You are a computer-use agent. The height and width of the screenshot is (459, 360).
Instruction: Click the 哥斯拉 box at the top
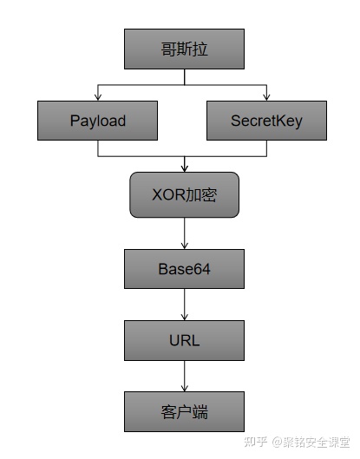pos(184,49)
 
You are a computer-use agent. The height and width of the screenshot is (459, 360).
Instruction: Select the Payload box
pos(97,121)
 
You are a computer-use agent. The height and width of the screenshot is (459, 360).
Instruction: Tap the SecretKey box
pos(266,121)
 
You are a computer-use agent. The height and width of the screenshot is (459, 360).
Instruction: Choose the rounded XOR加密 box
pos(184,194)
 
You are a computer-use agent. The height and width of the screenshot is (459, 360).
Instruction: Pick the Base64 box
pos(184,269)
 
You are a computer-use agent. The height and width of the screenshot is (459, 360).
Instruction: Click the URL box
pos(184,340)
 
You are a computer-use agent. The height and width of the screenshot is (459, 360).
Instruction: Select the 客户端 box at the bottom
pos(184,411)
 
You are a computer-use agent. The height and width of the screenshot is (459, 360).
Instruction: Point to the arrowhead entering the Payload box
pos(98,97)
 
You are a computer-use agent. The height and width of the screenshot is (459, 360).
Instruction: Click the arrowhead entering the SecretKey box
pos(266,97)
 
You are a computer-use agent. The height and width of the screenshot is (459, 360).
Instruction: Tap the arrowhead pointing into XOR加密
pos(185,168)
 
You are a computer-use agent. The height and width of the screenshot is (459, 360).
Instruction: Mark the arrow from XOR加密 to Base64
pos(185,233)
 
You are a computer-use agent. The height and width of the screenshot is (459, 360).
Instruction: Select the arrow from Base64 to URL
pos(185,305)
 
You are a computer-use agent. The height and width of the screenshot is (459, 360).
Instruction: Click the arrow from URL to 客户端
pos(185,376)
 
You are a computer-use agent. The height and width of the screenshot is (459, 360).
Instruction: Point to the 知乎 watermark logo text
pos(256,442)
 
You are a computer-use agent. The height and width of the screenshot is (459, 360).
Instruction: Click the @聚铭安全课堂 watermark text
pos(311,442)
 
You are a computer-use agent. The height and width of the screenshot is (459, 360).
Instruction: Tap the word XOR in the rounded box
pos(168,194)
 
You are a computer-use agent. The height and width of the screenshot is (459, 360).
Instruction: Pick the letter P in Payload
pos(75,120)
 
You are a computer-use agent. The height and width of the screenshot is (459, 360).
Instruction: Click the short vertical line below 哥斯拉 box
pos(185,77)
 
